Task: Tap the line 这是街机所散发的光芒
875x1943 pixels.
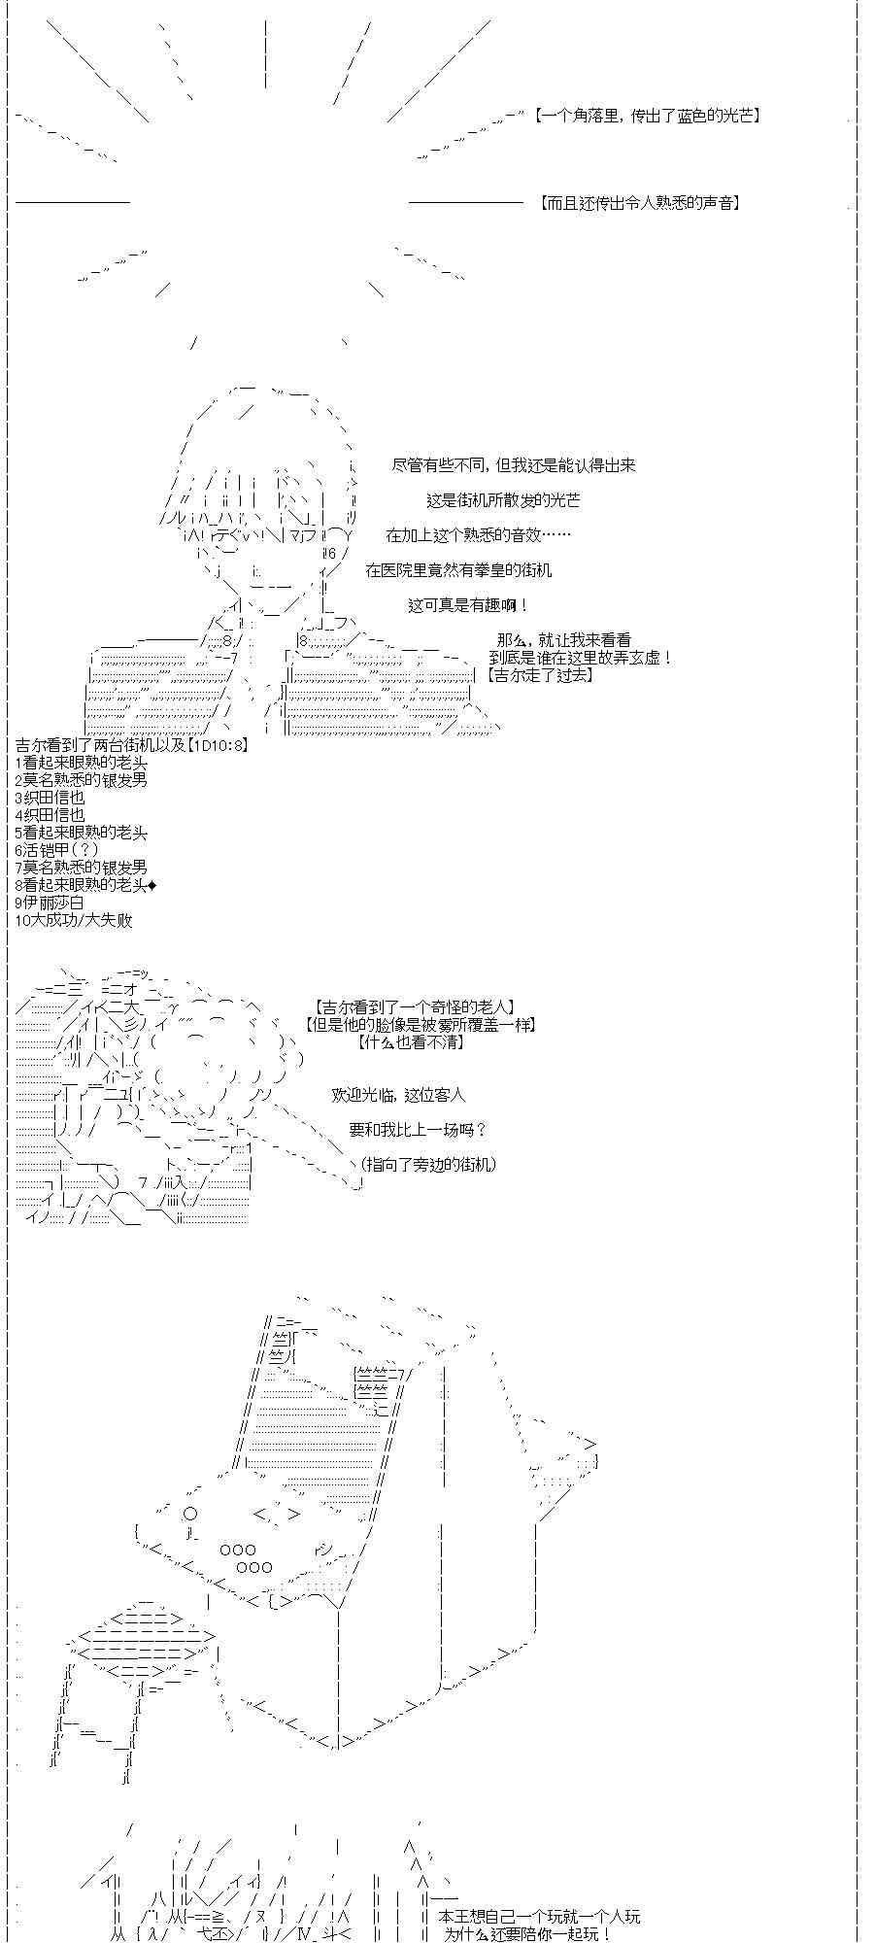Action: click(x=503, y=500)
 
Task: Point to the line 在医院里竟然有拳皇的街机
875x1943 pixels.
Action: click(x=458, y=570)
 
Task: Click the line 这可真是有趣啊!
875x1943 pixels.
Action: click(x=468, y=605)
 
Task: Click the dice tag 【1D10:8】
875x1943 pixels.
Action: click(x=215, y=745)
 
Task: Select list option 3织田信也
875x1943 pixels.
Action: click(x=50, y=798)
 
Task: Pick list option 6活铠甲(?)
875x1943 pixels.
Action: click(x=57, y=850)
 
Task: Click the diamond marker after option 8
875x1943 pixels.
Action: click(x=151, y=885)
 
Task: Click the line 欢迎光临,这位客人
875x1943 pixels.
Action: click(x=398, y=1095)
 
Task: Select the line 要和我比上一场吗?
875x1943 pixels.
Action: click(x=418, y=1130)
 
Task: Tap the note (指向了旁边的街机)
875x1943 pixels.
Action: click(x=427, y=1164)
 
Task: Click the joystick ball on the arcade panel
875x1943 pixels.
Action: click(x=190, y=1514)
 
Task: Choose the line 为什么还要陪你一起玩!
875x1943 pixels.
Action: click(x=527, y=1934)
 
